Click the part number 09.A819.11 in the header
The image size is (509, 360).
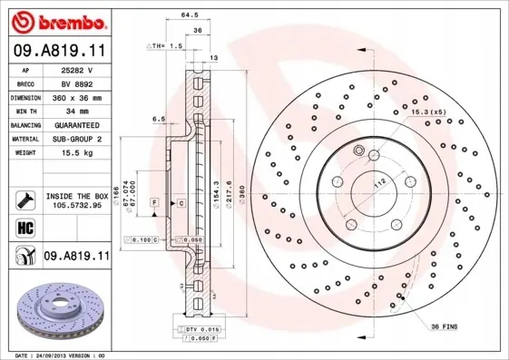pyautogui.click(x=59, y=52)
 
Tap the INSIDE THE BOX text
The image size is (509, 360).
pyautogui.click(x=77, y=195)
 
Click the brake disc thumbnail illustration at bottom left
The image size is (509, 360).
pyautogui.click(x=56, y=314)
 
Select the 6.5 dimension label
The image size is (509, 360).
pyautogui.click(x=159, y=118)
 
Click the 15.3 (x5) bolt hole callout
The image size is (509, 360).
pyautogui.click(x=427, y=112)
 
